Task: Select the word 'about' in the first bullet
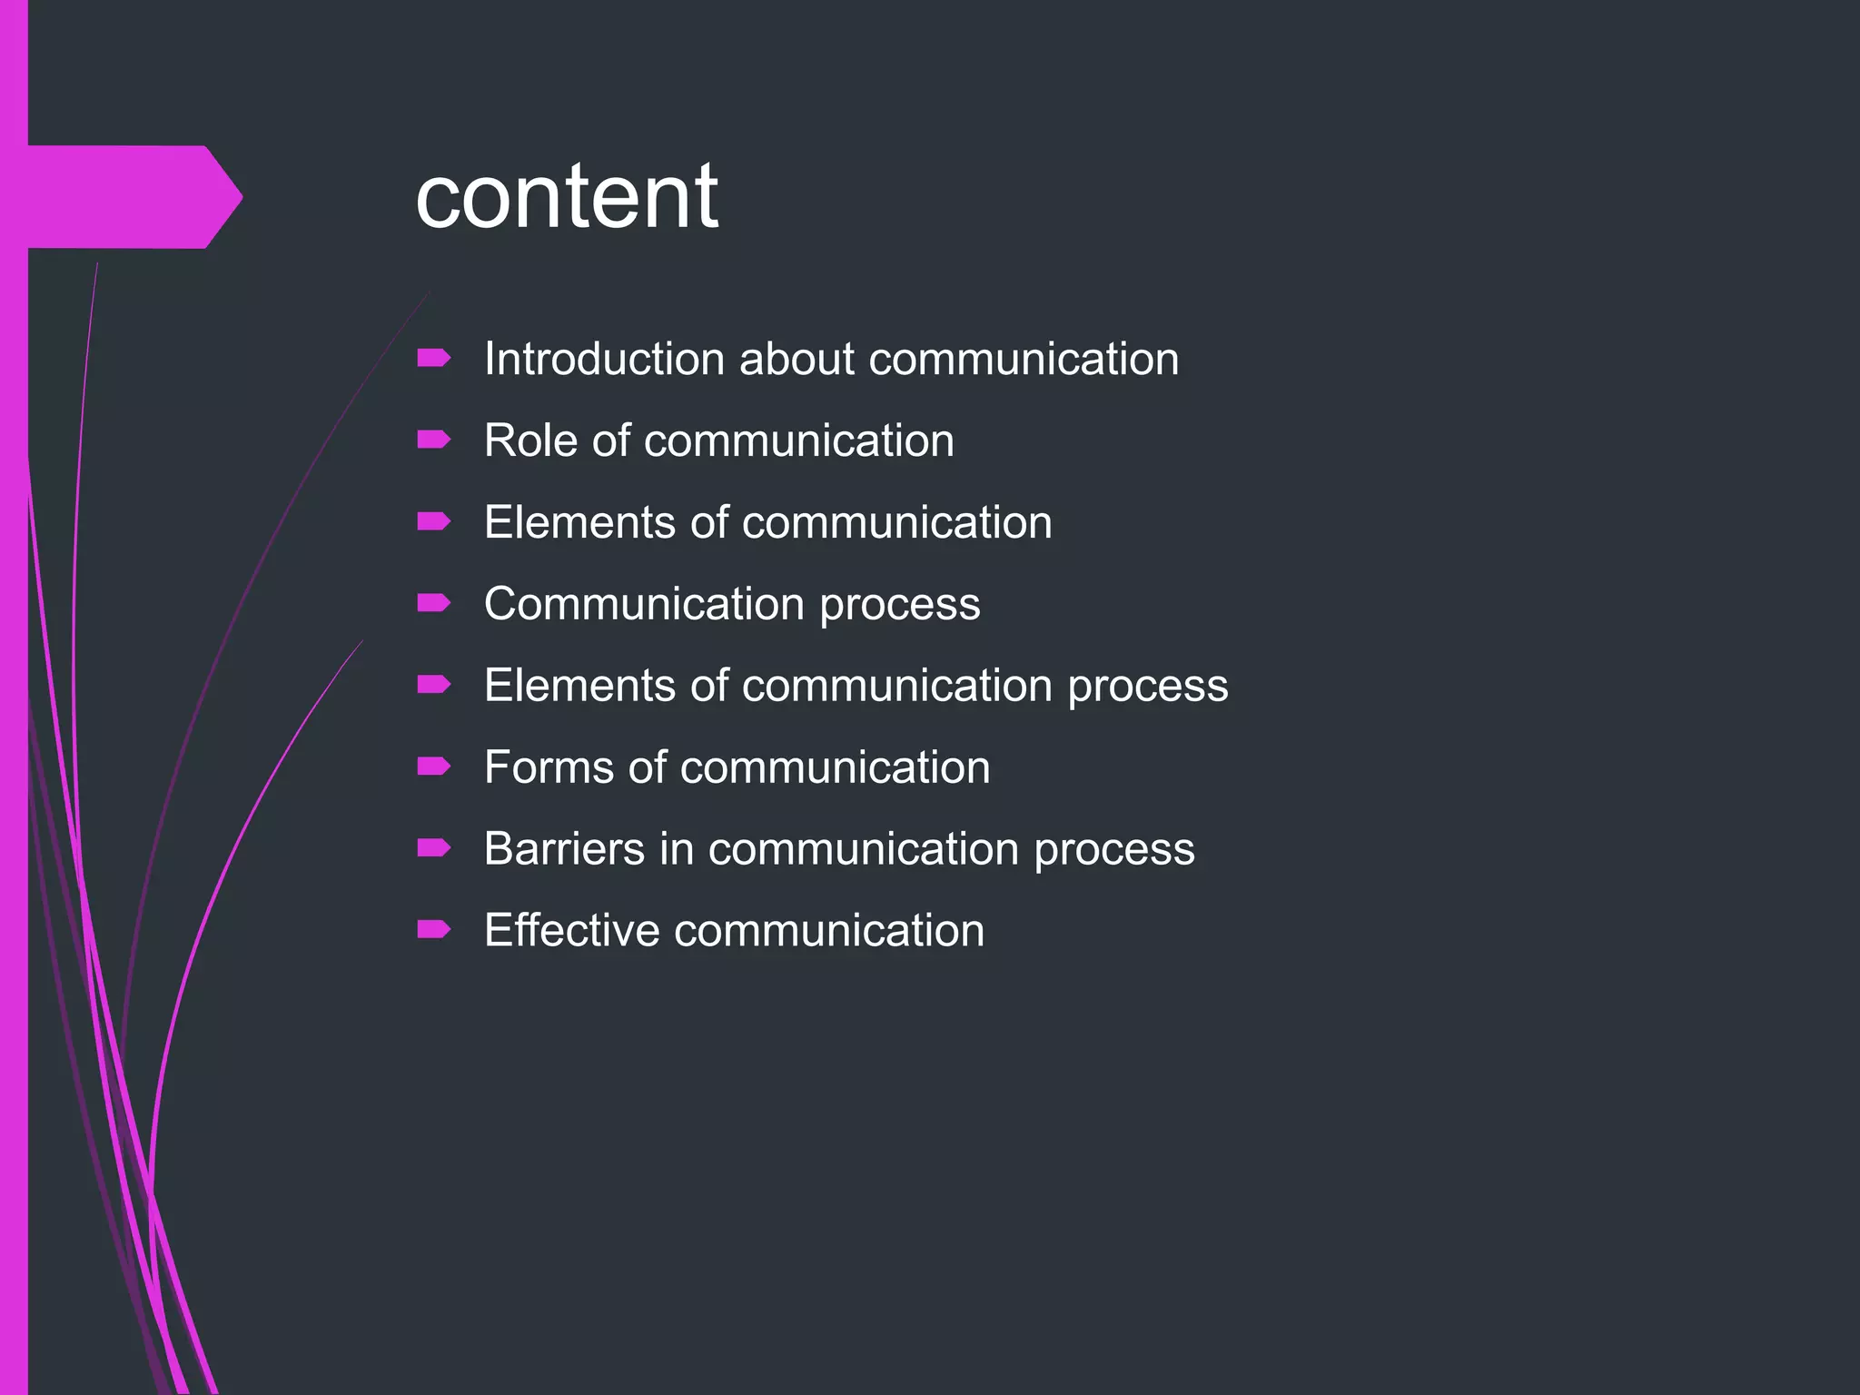796,359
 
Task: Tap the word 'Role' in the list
530,440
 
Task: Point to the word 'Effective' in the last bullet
571,931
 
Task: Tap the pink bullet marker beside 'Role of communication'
433,440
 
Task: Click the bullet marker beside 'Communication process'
433,604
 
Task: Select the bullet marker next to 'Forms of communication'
433,767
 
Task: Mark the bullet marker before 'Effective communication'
433,929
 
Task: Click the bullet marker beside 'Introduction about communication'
433,359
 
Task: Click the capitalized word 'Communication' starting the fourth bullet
644,604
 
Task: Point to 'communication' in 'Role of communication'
799,440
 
